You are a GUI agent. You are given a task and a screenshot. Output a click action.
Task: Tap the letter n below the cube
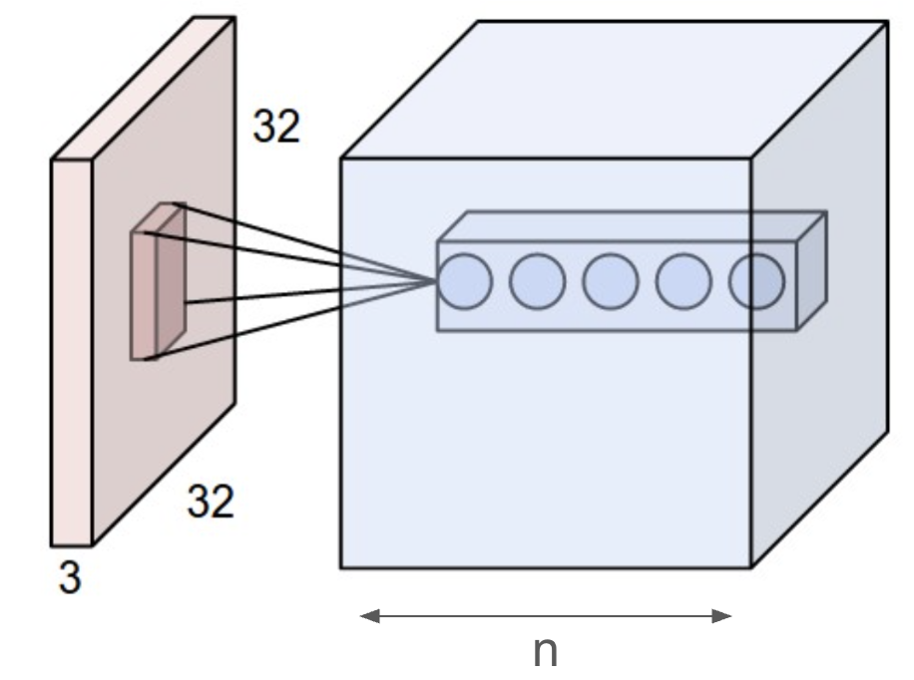pyautogui.click(x=545, y=651)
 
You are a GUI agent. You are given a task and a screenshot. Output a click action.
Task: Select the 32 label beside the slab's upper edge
pyautogui.click(x=275, y=128)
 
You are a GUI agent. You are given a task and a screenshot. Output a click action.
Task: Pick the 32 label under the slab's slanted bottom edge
pyautogui.click(x=211, y=503)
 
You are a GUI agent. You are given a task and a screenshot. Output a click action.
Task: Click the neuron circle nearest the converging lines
pyautogui.click(x=465, y=281)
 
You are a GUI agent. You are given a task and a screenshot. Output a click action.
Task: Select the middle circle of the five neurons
pyautogui.click(x=611, y=281)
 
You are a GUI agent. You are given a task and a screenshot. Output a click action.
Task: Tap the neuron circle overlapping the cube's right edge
pyautogui.click(x=756, y=281)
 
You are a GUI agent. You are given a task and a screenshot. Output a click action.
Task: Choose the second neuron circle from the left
pyautogui.click(x=538, y=281)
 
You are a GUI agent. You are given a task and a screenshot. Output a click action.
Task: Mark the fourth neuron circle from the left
pyautogui.click(x=684, y=281)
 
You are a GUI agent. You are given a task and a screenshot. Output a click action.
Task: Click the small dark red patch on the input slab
pyautogui.click(x=144, y=295)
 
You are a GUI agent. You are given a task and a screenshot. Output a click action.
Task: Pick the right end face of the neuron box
pyautogui.click(x=811, y=271)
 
